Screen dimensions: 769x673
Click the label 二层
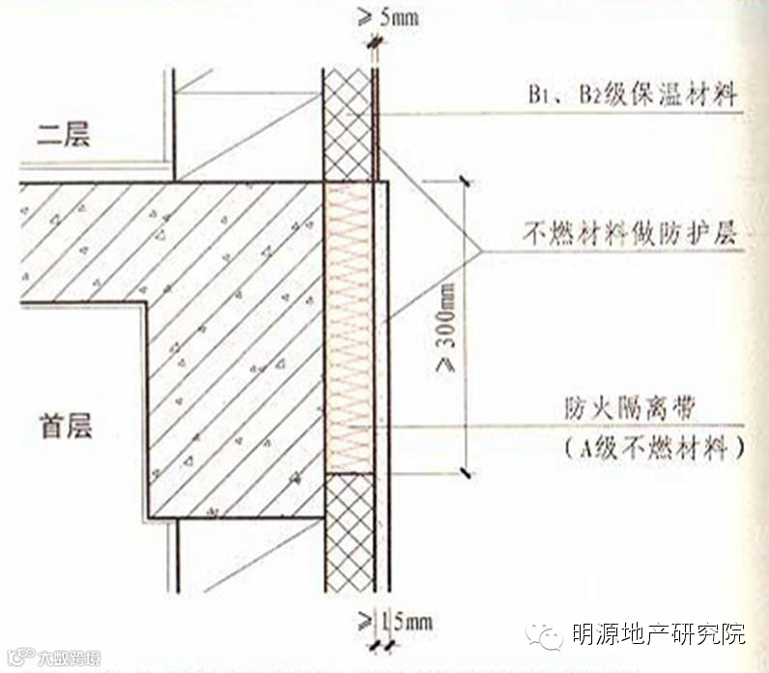[x=65, y=135]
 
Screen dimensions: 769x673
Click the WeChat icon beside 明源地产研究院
[x=543, y=635]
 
